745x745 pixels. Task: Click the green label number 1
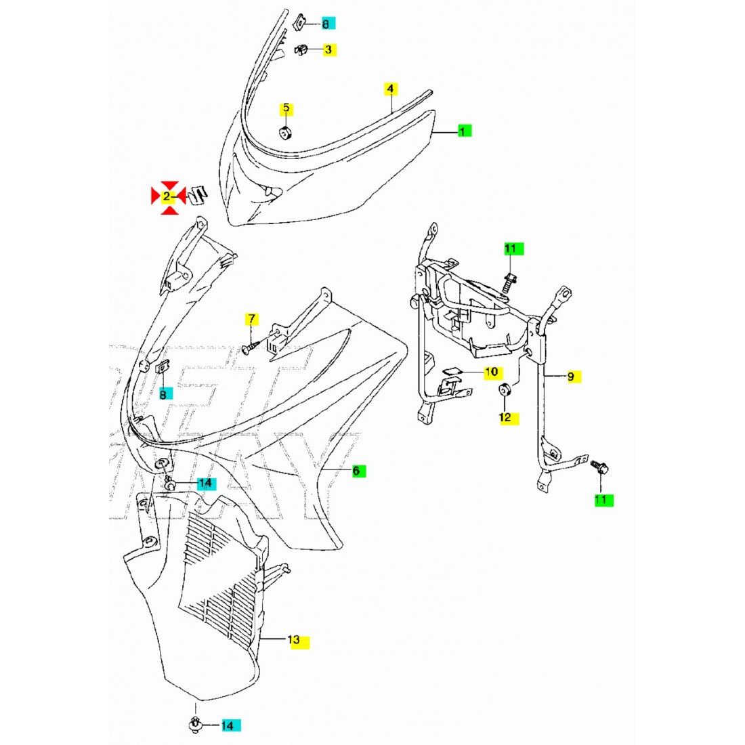coord(463,131)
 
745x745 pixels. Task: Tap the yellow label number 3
coord(328,49)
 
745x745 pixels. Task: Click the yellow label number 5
coord(286,108)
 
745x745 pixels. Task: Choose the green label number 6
coord(358,471)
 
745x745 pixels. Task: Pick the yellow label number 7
coord(251,319)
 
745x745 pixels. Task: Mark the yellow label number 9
coord(572,376)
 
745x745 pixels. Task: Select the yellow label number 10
coord(492,372)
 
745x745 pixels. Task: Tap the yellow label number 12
coord(505,417)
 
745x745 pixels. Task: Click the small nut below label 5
coord(286,131)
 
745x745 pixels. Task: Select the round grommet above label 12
coord(505,391)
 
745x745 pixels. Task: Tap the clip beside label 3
coord(302,49)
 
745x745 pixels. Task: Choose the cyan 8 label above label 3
coord(326,24)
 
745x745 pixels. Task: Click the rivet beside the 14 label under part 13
coord(196,725)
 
